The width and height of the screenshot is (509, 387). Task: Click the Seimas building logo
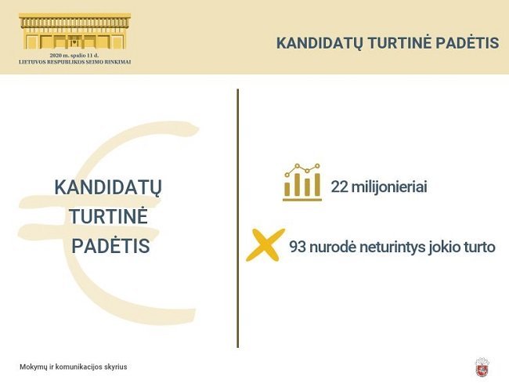click(75, 31)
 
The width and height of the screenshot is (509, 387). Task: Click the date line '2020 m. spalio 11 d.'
click(74, 56)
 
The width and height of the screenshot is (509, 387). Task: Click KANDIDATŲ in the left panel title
click(108, 188)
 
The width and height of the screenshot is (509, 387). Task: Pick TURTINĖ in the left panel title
click(108, 215)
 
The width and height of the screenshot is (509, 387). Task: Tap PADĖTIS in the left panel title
click(110, 245)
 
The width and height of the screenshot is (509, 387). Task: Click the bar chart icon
click(302, 182)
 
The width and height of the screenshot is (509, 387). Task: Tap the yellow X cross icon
click(265, 244)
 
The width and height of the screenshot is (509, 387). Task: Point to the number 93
click(298, 247)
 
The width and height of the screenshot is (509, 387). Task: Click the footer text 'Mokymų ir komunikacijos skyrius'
click(74, 367)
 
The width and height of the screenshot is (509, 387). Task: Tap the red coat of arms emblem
click(482, 367)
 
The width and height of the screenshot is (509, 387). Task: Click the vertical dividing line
click(238, 219)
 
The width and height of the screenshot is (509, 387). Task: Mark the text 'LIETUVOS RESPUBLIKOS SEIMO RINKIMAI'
click(75, 62)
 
